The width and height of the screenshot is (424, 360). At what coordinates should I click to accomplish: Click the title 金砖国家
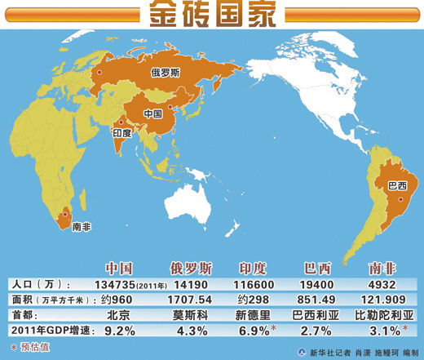point(211,13)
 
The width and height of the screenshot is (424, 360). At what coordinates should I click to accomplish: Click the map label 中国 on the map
point(152,113)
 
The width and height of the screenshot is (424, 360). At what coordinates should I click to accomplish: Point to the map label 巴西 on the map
point(397,187)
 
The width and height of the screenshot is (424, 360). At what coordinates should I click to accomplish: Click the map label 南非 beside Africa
point(82,226)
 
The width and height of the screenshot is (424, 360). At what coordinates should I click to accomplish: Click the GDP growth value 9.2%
point(120,331)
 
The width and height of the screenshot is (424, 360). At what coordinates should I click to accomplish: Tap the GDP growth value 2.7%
point(316,331)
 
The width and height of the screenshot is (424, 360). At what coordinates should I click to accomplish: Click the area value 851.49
point(316,299)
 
